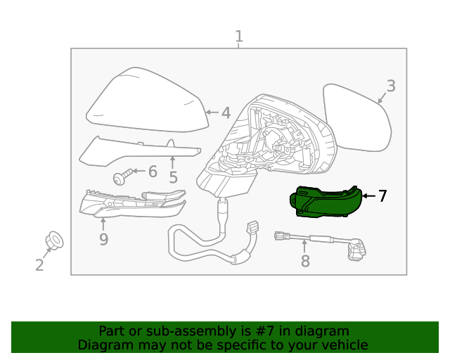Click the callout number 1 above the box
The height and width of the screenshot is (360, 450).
pyautogui.click(x=239, y=36)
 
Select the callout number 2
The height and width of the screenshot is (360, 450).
pyautogui.click(x=39, y=265)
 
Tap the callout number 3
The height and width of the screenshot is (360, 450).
pyautogui.click(x=391, y=86)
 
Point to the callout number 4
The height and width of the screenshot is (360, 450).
pyautogui.click(x=226, y=112)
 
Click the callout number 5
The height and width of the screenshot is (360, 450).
pyautogui.click(x=173, y=178)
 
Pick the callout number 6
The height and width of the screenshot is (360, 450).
pyautogui.click(x=153, y=172)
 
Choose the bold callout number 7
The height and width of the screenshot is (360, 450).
pyautogui.click(x=382, y=196)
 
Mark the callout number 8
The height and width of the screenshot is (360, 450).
pyautogui.click(x=304, y=262)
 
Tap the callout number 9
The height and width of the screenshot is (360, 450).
pyautogui.click(x=103, y=240)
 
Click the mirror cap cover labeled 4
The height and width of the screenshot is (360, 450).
pyautogui.click(x=148, y=102)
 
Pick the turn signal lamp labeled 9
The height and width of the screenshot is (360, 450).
pyautogui.click(x=130, y=203)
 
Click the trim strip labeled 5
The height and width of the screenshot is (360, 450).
pyautogui.click(x=137, y=150)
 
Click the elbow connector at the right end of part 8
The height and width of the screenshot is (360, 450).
pyautogui.click(x=357, y=249)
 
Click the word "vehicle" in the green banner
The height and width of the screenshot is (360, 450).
pyautogui.click(x=344, y=345)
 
